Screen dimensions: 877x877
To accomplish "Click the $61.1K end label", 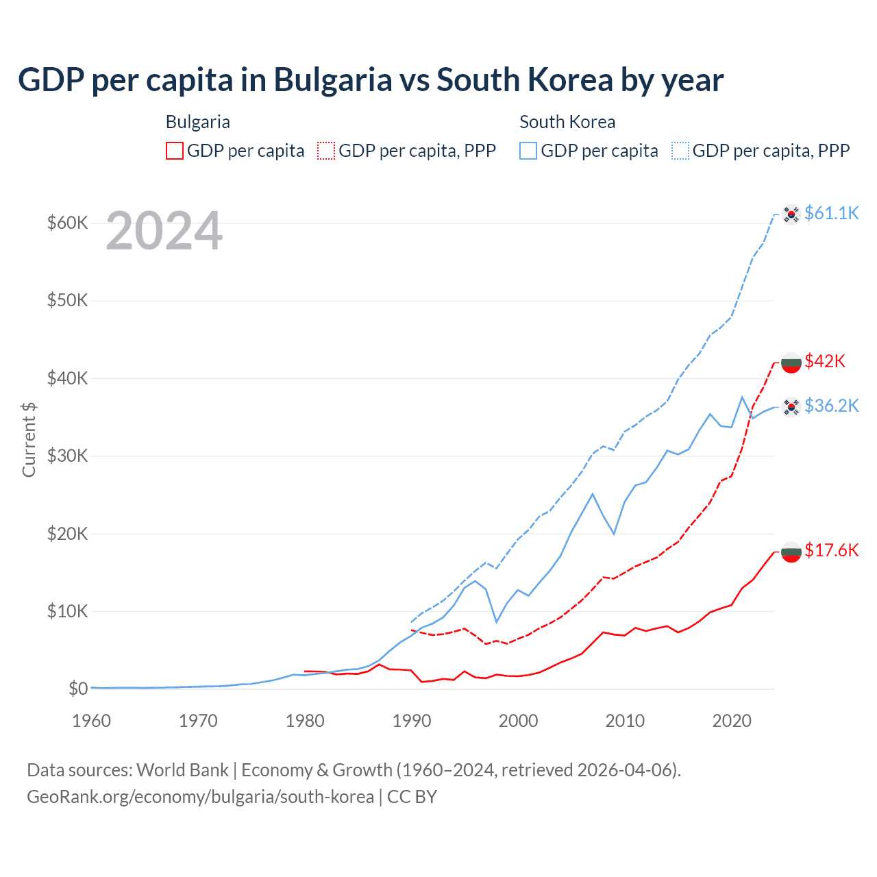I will point(831,214).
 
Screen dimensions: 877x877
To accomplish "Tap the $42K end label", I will point(825,361).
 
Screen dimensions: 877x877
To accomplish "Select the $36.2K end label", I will point(831,406).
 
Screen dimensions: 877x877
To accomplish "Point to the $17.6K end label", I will point(831,550).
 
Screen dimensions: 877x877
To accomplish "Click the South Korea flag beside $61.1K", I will point(791,214).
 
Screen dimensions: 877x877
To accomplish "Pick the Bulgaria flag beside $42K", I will point(791,362).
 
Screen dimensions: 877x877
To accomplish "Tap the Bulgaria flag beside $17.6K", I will point(791,552).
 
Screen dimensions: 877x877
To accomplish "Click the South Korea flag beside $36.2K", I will point(791,408).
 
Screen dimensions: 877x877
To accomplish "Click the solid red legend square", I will point(175,151).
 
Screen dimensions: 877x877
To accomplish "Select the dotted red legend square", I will point(326,151).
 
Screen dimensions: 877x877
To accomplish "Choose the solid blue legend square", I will point(528,151).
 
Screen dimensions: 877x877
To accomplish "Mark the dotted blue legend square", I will point(680,151).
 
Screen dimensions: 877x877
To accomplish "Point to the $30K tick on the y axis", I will point(67,456).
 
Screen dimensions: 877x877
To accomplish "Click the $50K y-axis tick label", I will point(67,300).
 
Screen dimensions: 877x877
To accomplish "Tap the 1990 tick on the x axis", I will point(412,721).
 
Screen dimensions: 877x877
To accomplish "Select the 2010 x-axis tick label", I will point(625,721).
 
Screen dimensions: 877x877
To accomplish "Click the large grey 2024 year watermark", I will point(164,232).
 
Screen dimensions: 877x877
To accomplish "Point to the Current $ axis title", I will point(29,439).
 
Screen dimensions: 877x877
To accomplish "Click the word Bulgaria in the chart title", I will point(333,80).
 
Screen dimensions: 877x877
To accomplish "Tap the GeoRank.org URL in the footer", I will point(200,797).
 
